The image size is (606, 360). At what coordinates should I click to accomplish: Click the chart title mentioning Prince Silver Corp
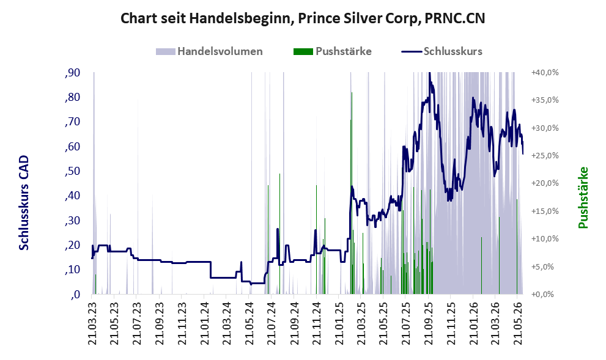303,18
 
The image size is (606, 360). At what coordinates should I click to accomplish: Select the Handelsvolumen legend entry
209,51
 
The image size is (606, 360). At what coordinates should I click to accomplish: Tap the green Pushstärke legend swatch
303,51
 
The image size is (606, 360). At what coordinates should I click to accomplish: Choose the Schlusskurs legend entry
442,51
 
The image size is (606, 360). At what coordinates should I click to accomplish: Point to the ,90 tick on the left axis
73,73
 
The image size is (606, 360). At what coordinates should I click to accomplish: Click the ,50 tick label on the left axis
73,171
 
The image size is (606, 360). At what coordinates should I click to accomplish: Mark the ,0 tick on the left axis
75,295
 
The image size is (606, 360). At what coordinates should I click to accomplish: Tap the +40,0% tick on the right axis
545,73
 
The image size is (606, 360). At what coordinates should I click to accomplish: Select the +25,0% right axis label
545,156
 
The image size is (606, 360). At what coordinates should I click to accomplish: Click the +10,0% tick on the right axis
545,239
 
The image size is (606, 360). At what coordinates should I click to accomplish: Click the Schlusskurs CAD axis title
24,203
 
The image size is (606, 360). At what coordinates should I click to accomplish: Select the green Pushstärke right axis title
583,197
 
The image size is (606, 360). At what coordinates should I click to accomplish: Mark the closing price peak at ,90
429,73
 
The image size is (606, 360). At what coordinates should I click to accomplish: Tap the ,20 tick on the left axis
73,245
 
